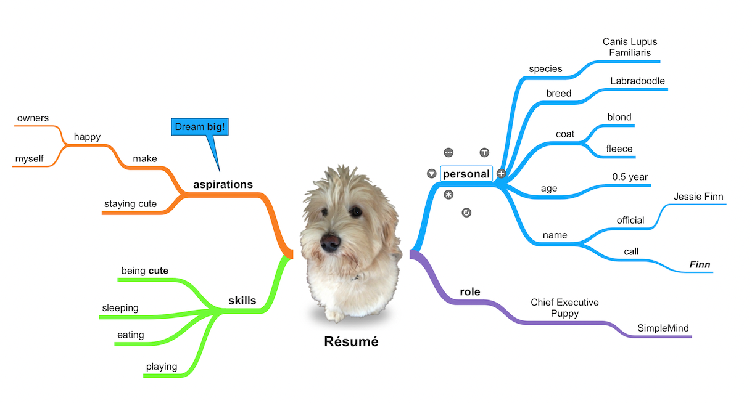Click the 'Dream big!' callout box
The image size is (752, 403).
200,127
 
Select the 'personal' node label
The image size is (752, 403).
466,174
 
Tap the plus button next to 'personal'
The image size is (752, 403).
501,173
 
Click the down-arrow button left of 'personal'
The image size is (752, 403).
431,173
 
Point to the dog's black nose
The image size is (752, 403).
330,242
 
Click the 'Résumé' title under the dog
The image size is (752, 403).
351,341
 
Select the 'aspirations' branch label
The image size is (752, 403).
223,184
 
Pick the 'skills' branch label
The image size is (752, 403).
242,301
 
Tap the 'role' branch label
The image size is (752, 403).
469,291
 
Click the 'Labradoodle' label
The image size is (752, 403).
637,81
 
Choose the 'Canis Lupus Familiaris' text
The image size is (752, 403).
630,47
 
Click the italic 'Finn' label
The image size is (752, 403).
700,264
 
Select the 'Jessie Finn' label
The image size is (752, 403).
698,197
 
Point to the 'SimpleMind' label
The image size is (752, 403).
663,328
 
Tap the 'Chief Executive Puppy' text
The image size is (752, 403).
564,307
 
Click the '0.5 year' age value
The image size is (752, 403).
630,177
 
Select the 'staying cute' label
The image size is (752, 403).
130,204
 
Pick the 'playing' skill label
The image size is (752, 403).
162,367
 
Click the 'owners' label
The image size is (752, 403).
33,118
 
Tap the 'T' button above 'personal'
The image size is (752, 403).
484,153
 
